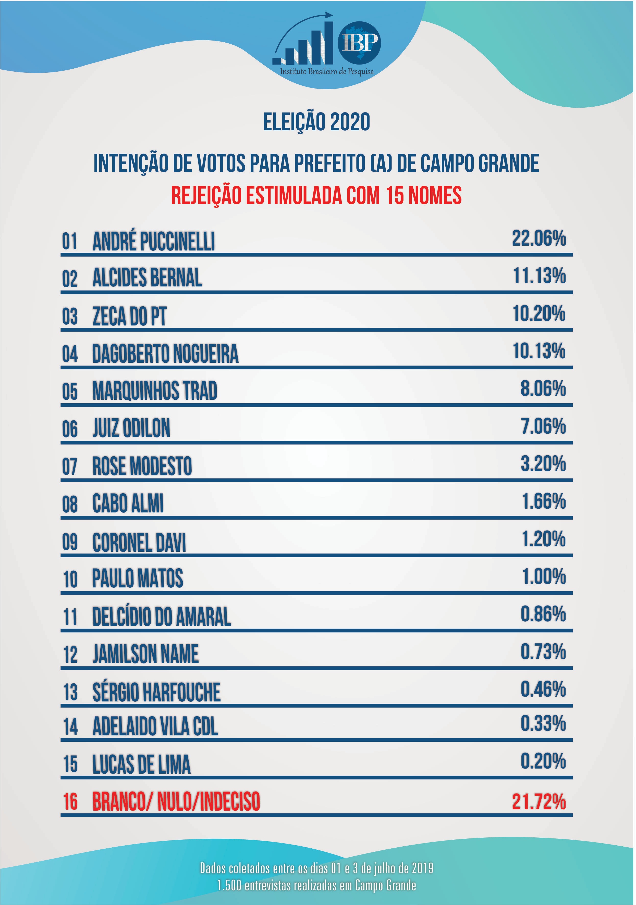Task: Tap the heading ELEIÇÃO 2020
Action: tap(317, 122)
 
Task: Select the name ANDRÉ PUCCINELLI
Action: tap(154, 241)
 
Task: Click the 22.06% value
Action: tap(539, 238)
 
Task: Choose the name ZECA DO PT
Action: tap(129, 317)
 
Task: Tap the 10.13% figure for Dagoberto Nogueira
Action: tap(539, 351)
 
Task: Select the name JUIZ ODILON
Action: tap(131, 429)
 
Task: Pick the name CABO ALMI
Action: tap(128, 504)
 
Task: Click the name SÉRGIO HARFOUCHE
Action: tap(156, 692)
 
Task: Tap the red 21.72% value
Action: tap(539, 802)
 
